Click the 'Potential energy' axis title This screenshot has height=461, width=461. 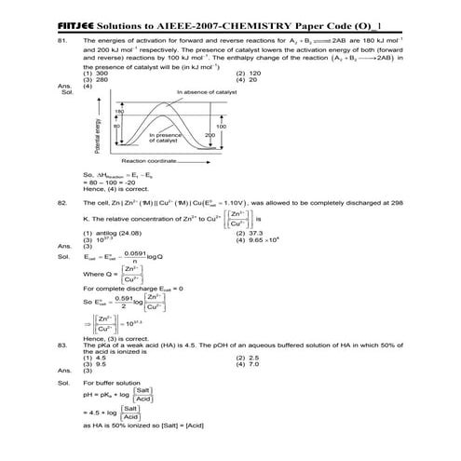click(x=97, y=136)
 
